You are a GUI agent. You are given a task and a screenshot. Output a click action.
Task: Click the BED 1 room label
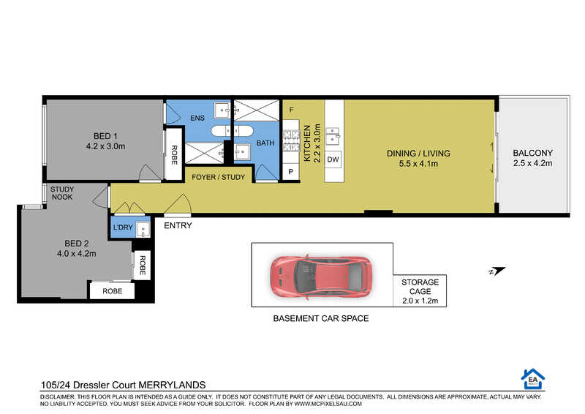click(105, 136)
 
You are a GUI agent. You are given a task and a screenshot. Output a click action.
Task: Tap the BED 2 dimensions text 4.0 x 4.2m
click(77, 254)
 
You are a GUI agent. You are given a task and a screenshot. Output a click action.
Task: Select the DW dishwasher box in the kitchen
click(333, 159)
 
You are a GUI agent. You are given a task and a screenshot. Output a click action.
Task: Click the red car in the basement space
click(321, 276)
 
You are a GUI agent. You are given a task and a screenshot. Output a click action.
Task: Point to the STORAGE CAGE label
click(420, 287)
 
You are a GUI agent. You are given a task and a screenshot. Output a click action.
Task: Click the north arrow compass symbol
click(497, 271)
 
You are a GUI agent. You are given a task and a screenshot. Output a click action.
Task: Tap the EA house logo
click(533, 379)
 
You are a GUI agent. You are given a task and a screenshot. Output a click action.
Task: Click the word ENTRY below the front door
click(178, 225)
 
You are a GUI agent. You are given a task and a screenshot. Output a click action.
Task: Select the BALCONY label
click(533, 153)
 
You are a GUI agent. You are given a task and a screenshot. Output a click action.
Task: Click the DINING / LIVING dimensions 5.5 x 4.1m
click(418, 164)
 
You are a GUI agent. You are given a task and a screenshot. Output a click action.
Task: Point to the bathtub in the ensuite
click(232, 131)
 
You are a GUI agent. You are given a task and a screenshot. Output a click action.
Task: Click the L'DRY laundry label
click(123, 227)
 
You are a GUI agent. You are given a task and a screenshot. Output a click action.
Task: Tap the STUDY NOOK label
click(62, 193)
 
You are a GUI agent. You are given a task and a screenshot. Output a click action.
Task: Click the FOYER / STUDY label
click(218, 177)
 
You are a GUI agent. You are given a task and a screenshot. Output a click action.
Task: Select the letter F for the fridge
click(291, 110)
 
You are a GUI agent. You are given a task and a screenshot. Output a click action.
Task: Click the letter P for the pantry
click(290, 172)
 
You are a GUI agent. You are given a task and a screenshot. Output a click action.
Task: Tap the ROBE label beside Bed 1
click(174, 155)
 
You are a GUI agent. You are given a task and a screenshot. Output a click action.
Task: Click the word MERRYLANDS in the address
click(172, 385)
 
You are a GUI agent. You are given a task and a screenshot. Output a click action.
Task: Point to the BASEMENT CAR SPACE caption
click(321, 318)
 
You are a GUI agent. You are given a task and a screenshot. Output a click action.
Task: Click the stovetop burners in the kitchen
click(291, 140)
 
